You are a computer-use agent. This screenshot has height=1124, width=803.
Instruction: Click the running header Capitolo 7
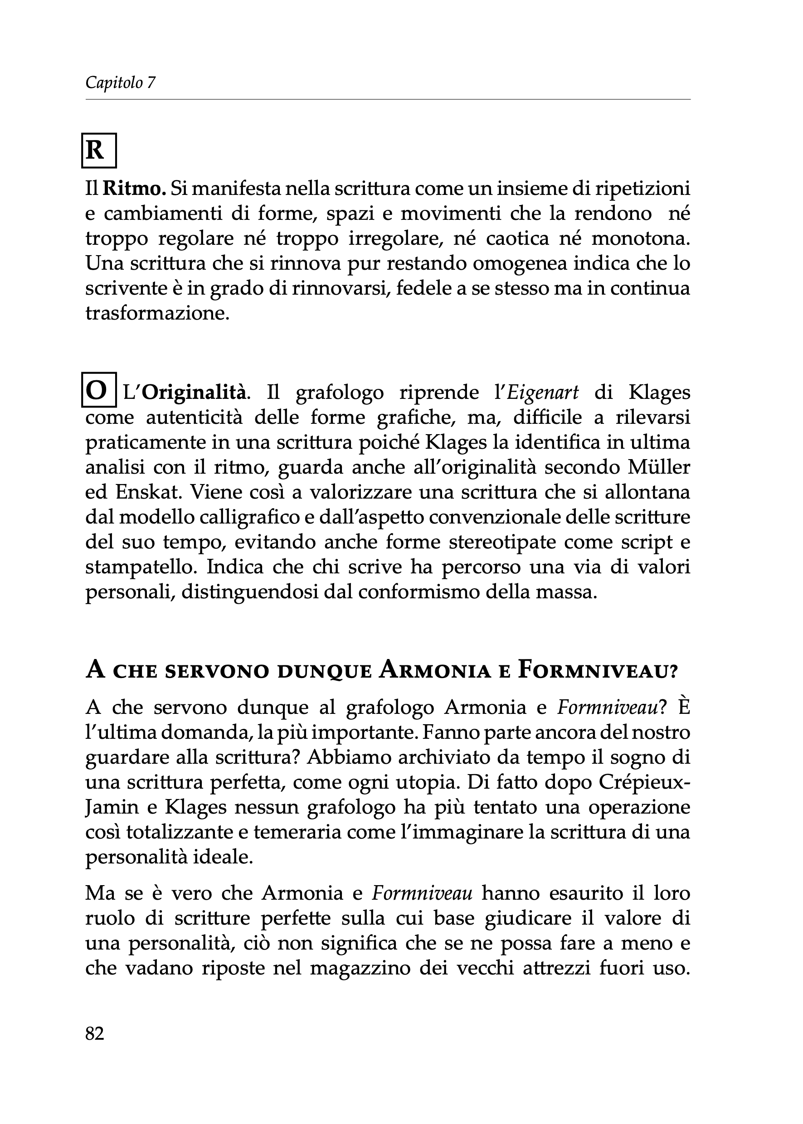tap(120, 82)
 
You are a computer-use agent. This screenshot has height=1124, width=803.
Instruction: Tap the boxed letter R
tap(98, 151)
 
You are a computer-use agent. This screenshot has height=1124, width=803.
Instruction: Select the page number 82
tap(95, 1033)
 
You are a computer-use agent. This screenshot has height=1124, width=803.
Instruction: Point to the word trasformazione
tap(157, 313)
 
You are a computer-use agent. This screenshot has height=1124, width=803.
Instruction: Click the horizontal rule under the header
tap(388, 99)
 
